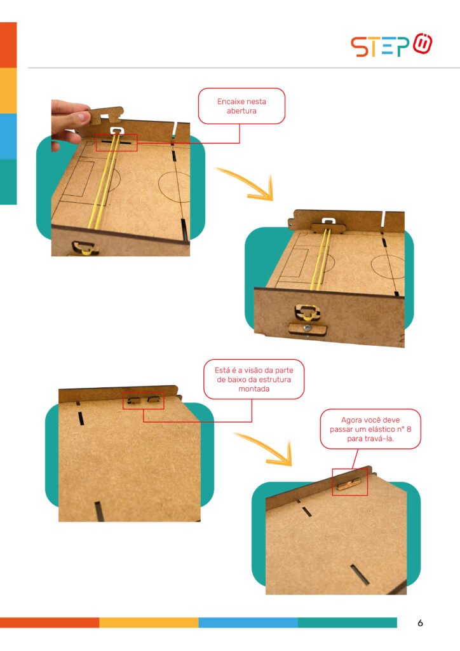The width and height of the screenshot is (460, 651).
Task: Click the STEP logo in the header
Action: point(391,45)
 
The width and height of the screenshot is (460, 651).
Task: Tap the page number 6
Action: point(420,623)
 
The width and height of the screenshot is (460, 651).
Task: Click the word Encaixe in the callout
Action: point(230,101)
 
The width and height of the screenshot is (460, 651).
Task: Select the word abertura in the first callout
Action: point(241,111)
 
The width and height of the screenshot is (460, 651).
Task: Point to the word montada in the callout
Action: point(254,388)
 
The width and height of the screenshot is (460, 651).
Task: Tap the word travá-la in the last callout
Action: point(380,439)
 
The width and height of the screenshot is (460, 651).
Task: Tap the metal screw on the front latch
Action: point(306,329)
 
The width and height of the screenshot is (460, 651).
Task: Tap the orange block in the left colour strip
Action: point(8,45)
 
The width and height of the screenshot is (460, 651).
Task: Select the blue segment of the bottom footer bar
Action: point(248,622)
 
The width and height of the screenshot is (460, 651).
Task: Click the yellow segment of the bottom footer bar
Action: point(149,622)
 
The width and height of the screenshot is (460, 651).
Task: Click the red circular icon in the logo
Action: point(423,44)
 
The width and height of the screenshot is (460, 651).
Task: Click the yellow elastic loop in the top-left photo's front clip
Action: point(85,250)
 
